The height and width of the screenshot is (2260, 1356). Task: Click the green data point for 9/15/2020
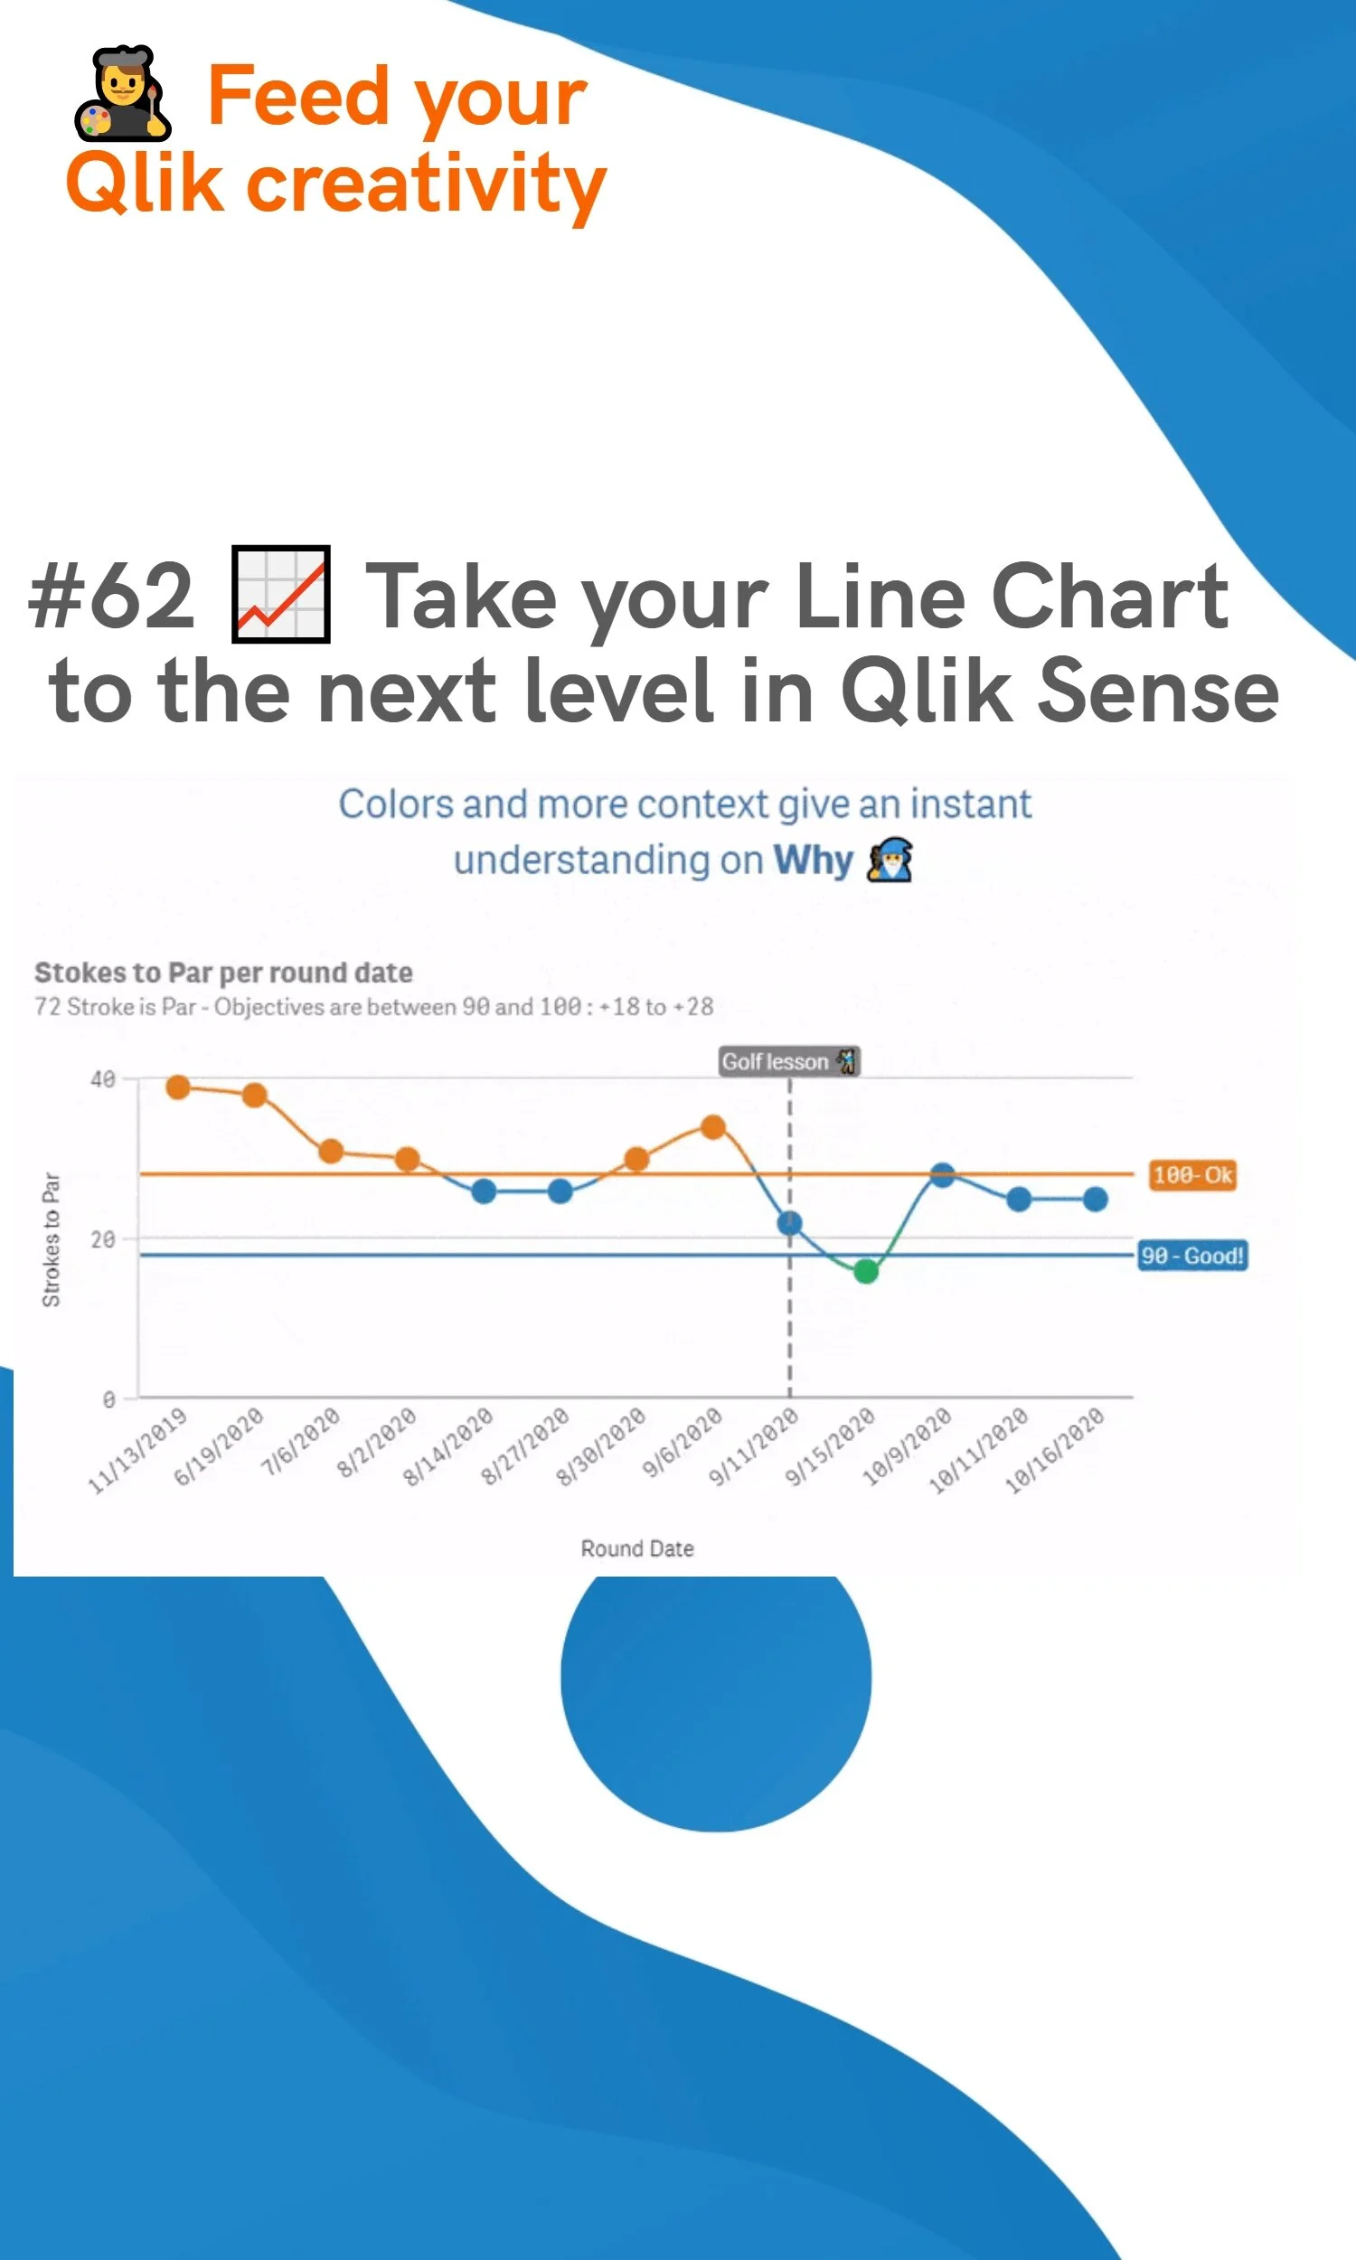click(865, 1271)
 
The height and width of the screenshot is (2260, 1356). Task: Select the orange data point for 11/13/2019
click(178, 1086)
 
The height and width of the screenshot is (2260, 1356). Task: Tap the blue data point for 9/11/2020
click(789, 1223)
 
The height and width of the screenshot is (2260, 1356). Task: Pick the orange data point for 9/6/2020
click(712, 1126)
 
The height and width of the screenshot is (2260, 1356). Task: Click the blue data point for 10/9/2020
click(942, 1175)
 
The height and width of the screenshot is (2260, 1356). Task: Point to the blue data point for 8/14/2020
click(484, 1191)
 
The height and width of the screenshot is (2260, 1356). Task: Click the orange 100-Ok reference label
click(1191, 1175)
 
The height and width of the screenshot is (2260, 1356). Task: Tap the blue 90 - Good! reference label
click(1191, 1256)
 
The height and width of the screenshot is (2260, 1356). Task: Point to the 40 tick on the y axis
click(103, 1079)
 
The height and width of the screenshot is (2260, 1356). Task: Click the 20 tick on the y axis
click(103, 1239)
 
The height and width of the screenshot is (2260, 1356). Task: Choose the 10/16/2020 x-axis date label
click(1055, 1451)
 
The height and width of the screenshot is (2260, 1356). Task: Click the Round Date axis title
click(637, 1549)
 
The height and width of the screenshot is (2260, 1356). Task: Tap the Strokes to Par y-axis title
click(52, 1239)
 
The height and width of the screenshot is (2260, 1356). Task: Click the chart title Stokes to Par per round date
click(223, 973)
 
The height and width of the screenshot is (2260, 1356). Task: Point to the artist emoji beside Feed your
click(121, 94)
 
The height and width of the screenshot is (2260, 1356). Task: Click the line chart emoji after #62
click(280, 595)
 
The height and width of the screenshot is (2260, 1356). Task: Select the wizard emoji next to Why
click(889, 860)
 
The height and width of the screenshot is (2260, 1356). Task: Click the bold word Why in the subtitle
click(813, 860)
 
